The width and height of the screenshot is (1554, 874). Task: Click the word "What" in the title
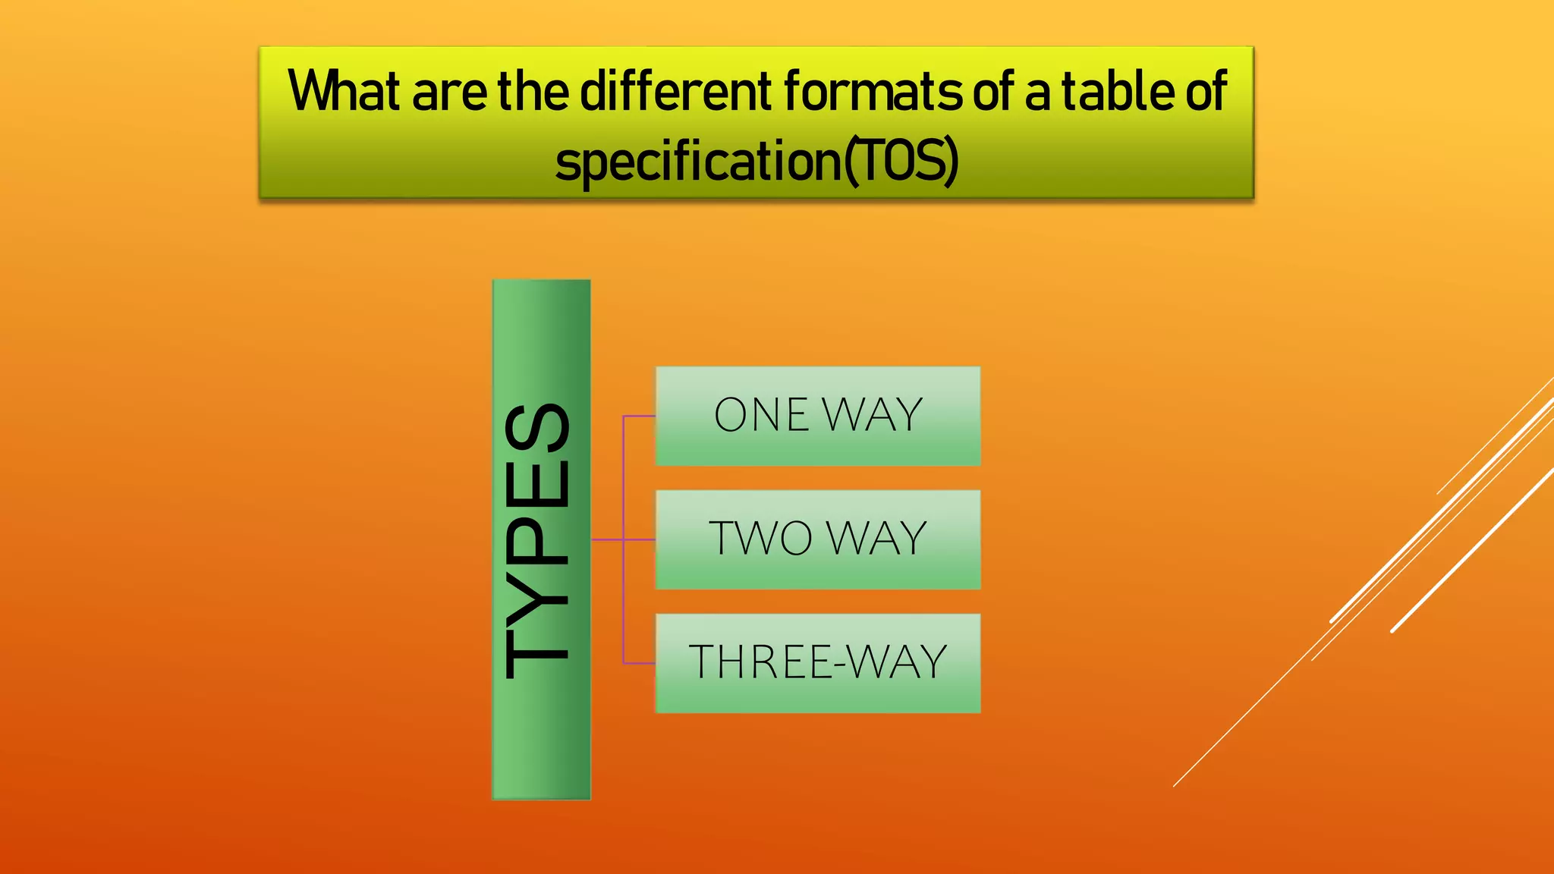pos(343,92)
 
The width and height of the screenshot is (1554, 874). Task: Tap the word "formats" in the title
pos(872,92)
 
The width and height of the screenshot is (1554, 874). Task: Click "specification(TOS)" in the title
pos(757,162)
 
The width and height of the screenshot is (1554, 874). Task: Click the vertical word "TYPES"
pos(537,540)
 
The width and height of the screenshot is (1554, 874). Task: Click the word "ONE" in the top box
pos(761,415)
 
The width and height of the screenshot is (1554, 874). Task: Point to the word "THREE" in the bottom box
pos(760,662)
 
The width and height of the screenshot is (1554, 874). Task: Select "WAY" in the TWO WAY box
pos(877,539)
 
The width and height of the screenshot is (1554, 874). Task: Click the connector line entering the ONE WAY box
pos(639,416)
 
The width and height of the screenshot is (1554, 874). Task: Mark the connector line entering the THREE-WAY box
pos(639,663)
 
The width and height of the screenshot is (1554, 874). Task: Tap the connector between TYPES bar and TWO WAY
pos(607,539)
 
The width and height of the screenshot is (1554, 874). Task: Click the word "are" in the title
pos(448,92)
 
